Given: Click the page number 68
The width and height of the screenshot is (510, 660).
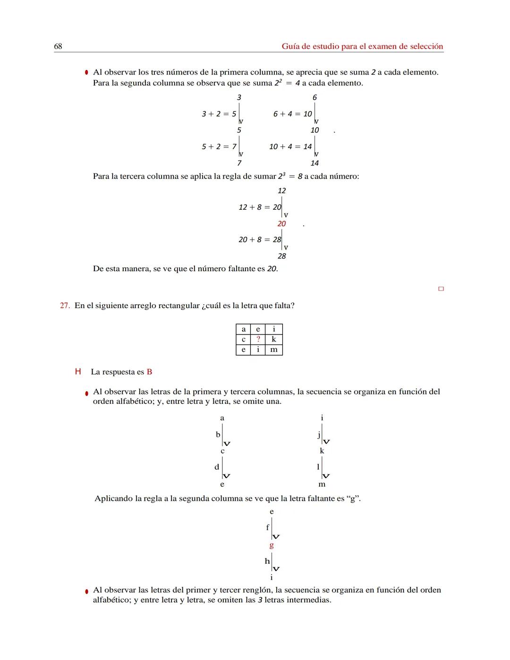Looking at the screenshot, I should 58,46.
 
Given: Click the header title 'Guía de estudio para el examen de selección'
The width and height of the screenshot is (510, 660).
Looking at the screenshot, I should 362,46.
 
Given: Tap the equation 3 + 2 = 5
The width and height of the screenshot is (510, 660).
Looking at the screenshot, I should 219,114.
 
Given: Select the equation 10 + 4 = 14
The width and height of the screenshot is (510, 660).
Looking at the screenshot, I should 290,146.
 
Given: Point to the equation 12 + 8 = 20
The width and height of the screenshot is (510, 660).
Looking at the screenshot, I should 260,207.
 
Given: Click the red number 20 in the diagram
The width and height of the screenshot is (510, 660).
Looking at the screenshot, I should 281,223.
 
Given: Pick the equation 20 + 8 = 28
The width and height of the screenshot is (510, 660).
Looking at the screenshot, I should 260,240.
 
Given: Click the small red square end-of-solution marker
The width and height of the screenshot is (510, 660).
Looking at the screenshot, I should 441,289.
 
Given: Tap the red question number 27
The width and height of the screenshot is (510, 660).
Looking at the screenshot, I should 65,306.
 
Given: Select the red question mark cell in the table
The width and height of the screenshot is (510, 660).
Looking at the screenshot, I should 258,339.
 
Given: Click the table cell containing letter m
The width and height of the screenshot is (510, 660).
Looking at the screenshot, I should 274,350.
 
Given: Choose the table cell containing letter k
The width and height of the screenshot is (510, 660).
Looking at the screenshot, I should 274,339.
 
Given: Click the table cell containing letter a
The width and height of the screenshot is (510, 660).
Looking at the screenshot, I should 243,329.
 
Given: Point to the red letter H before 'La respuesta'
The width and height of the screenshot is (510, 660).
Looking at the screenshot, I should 78,372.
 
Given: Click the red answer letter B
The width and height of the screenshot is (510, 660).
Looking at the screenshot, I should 149,372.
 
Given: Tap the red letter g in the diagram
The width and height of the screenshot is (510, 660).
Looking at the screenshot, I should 272,545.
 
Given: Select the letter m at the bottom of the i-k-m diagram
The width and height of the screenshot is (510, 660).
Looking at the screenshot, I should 322,484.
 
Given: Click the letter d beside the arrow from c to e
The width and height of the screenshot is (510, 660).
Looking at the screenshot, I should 217,467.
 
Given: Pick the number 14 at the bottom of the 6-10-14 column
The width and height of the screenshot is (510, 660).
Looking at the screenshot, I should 314,163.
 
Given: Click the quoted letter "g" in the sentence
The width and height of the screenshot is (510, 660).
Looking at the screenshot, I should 353,498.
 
